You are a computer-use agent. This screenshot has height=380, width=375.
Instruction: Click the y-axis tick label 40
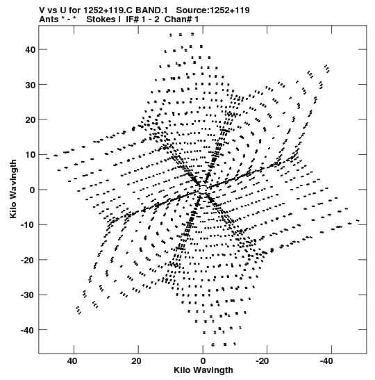pos(30,50)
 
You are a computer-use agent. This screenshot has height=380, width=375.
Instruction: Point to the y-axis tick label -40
pos(28,330)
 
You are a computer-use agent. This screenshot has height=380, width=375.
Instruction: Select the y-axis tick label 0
pos(33,190)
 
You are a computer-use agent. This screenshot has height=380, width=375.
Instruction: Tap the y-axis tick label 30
pos(30,85)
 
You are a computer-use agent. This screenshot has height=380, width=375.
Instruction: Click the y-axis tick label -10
pos(28,225)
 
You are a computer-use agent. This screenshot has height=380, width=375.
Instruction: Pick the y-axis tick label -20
pos(28,260)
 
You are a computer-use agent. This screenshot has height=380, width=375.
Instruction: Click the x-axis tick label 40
pos(72,361)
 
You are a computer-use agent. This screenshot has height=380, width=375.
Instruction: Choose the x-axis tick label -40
pos(326,361)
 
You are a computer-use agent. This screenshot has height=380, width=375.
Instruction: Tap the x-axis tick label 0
pos(203,361)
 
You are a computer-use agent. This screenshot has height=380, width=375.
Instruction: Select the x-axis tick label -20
pos(262,361)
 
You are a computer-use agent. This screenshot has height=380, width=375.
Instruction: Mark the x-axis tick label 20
pos(136,361)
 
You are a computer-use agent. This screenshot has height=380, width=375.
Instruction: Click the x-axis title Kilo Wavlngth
pos(203,370)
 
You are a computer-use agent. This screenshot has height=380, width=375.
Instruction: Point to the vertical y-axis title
pos(13,189)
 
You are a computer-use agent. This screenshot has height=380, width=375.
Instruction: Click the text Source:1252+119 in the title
pos(212,10)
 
